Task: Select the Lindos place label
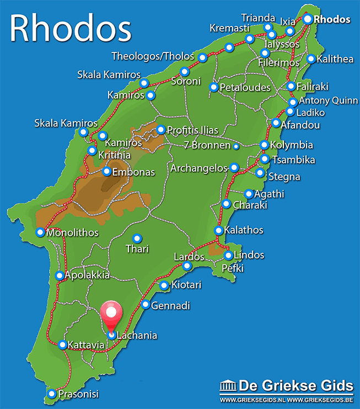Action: click(249, 255)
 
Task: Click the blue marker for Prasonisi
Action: click(51, 394)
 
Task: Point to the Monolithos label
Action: click(73, 233)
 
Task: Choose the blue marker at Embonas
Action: click(106, 172)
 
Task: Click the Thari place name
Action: click(137, 249)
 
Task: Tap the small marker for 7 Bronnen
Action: click(236, 146)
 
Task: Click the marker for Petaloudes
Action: click(213, 87)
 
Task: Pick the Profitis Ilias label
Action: click(192, 130)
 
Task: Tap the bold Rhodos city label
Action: click(332, 19)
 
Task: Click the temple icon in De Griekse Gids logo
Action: click(227, 385)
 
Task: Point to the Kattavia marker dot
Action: click(63, 345)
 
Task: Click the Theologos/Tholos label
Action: click(153, 56)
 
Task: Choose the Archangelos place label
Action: click(198, 167)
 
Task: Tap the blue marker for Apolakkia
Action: click(60, 275)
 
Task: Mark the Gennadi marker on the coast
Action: click(146, 305)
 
